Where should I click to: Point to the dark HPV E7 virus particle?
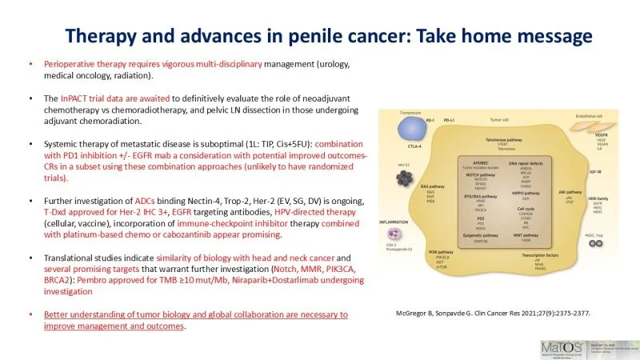(408, 176)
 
